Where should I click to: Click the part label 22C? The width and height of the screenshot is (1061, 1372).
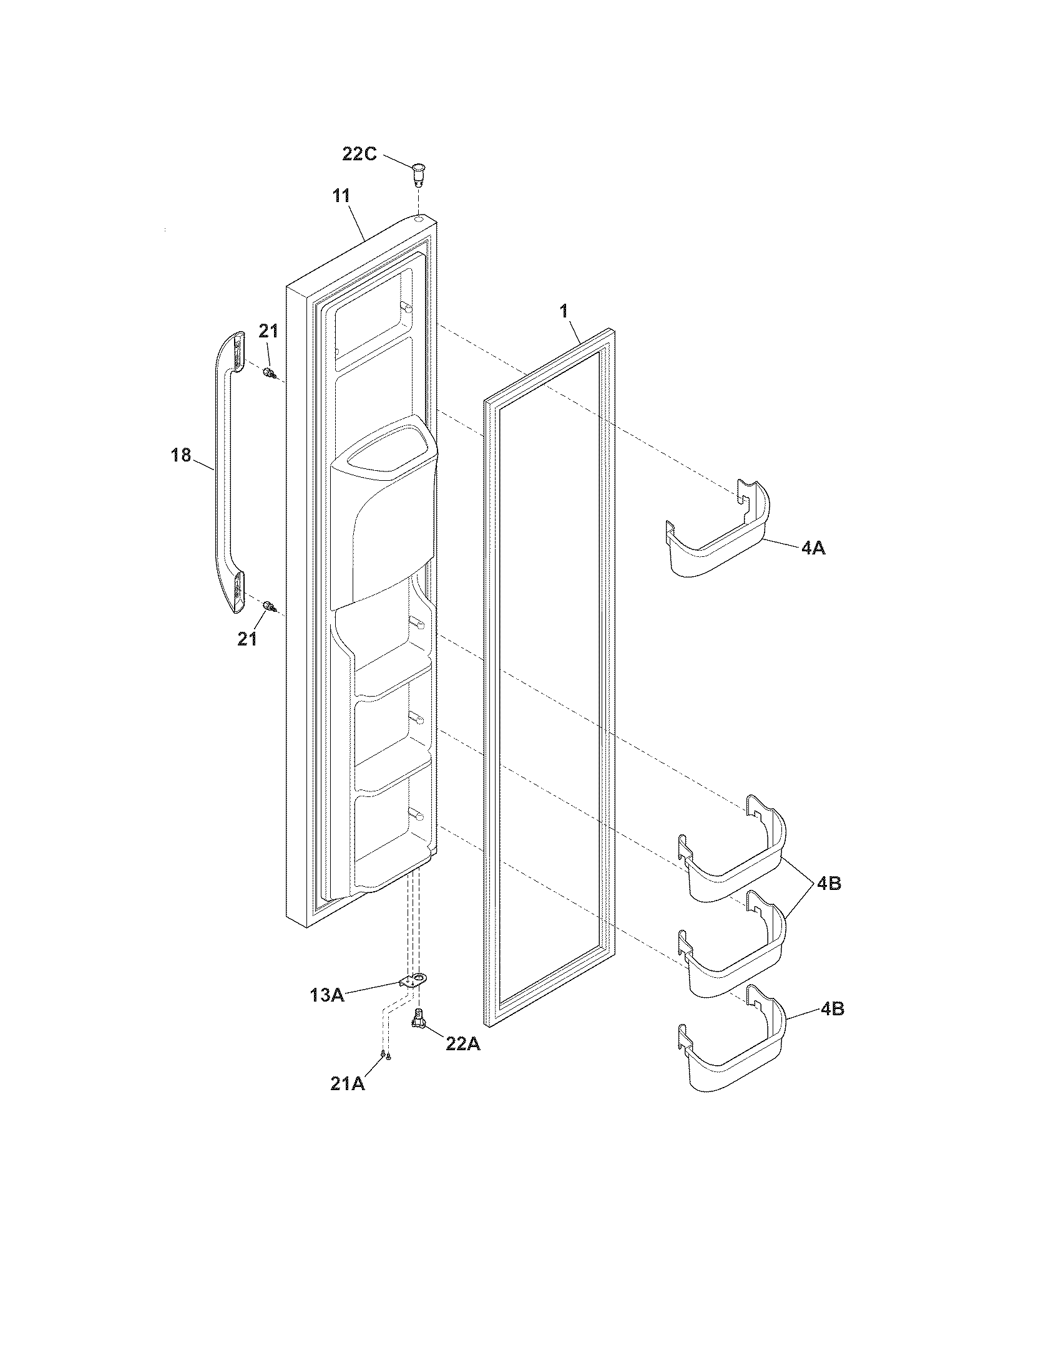click(359, 153)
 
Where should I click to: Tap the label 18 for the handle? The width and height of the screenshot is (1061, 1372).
click(181, 455)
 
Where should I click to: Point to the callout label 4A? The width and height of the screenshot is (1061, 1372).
click(813, 548)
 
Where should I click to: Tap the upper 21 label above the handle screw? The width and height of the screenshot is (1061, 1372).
click(268, 331)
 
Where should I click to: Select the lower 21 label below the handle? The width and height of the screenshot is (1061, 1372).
click(247, 639)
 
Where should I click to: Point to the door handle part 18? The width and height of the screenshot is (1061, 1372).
click(226, 471)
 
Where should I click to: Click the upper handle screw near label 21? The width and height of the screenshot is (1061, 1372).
click(270, 374)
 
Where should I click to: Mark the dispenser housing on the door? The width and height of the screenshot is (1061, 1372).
click(383, 512)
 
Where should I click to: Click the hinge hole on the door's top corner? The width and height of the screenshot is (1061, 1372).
click(418, 221)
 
